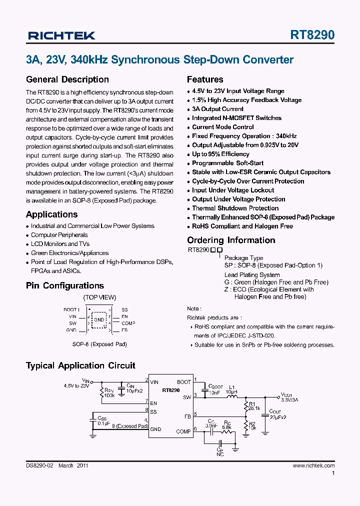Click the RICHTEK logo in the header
point(61,35)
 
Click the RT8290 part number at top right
point(312,35)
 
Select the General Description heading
point(67,79)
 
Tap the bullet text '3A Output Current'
point(217,109)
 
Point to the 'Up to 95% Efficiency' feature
point(220,154)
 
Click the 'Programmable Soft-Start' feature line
point(227,163)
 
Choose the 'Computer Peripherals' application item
point(59,235)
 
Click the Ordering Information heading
point(231,240)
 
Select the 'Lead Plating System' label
point(252,275)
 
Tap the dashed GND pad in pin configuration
point(99,319)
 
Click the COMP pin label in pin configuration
point(128,323)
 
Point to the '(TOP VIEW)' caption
point(99,297)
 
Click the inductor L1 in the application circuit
point(231,392)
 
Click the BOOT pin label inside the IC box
point(183,382)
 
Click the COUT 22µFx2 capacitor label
point(277,414)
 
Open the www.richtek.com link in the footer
point(313,465)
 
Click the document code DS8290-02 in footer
point(39,465)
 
